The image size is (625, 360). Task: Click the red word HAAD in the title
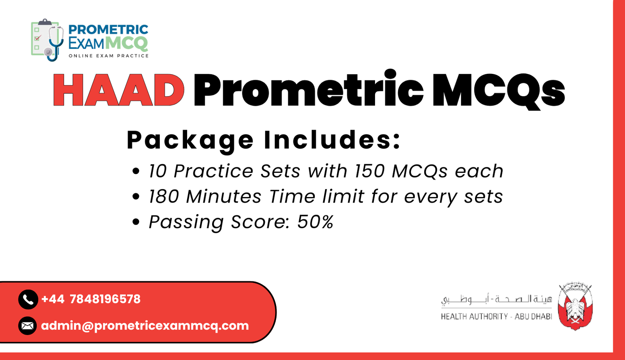(118, 90)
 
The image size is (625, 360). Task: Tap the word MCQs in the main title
(498, 90)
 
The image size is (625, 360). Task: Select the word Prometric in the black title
(308, 90)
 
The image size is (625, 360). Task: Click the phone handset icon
(28, 299)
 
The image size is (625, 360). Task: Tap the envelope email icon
(27, 326)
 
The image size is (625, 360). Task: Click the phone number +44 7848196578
(91, 299)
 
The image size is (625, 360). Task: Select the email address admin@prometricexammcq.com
(145, 326)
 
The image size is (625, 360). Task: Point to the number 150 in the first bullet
(369, 171)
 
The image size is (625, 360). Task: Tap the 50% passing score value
(315, 222)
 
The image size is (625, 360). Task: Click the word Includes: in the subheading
(332, 140)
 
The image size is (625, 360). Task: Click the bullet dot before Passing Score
(136, 222)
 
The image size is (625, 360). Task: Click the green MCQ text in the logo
(127, 43)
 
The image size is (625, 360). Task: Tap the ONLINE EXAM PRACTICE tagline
(109, 56)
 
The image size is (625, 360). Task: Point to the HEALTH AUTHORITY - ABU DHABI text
(496, 317)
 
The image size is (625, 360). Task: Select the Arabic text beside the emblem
(496, 299)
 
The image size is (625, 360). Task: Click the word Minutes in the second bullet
(223, 197)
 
